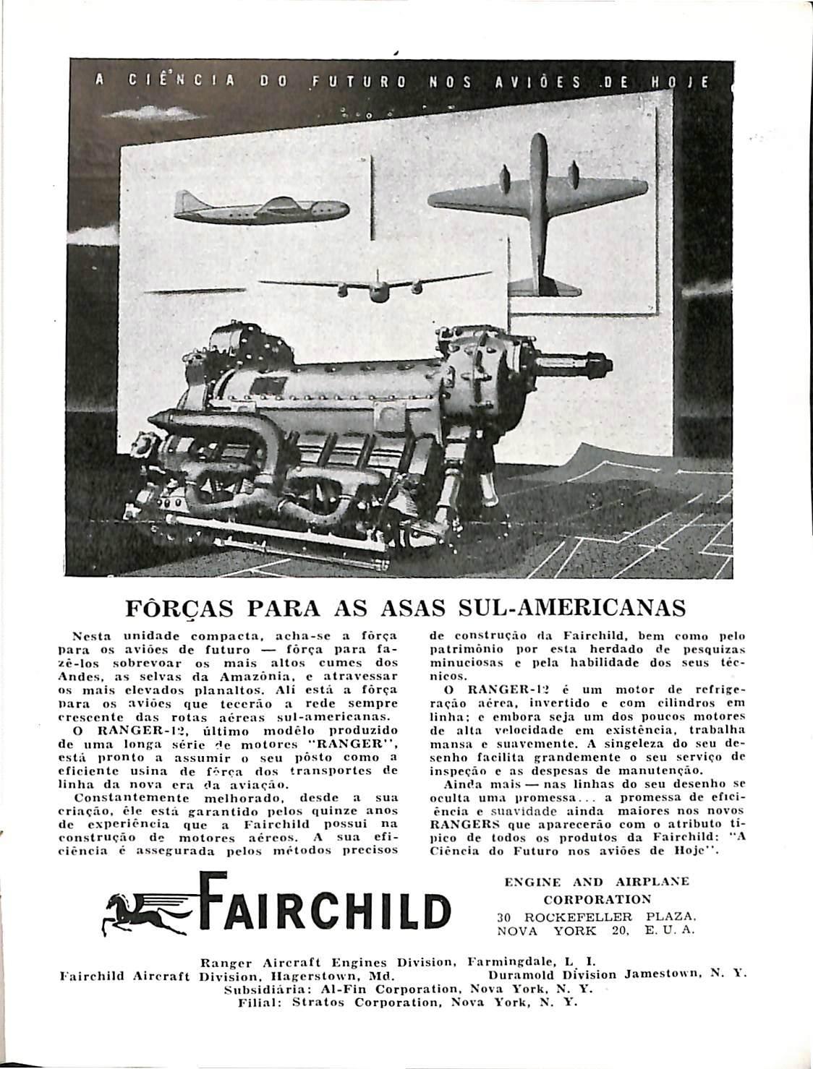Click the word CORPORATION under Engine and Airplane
(x=597, y=899)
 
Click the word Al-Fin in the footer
(x=318, y=989)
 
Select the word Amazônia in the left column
(x=251, y=676)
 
